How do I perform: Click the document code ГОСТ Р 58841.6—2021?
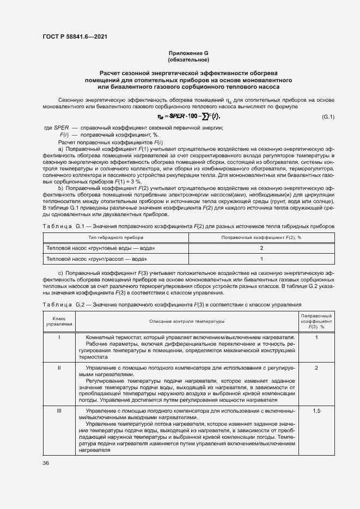(x=74, y=36)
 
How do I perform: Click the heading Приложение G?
(x=188, y=53)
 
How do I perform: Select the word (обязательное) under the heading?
(x=188, y=59)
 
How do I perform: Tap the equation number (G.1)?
(x=328, y=118)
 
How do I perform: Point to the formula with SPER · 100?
(x=188, y=117)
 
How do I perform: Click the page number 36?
(x=46, y=463)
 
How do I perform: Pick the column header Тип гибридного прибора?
(x=116, y=238)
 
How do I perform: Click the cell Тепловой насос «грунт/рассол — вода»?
(x=97, y=259)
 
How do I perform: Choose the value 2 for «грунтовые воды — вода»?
(x=261, y=248)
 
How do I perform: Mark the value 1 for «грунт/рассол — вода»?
(x=261, y=259)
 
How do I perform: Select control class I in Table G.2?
(x=59, y=338)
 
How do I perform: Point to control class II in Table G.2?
(x=59, y=369)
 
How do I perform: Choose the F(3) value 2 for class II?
(x=316, y=369)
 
